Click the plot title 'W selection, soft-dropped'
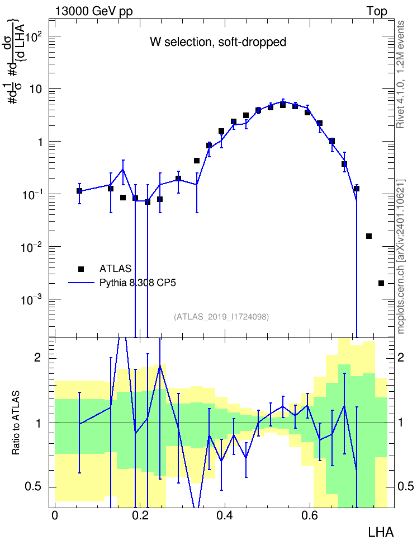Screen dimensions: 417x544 (217, 42)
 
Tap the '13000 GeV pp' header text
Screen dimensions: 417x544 (94, 11)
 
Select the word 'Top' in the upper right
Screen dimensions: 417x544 (377, 11)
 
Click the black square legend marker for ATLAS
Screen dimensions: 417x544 (81, 269)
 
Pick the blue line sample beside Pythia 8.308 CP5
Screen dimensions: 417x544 (81, 283)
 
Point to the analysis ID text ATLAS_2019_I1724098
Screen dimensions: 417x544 (221, 316)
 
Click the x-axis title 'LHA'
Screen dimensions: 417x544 (381, 532)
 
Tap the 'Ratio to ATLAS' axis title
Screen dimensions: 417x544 (16, 423)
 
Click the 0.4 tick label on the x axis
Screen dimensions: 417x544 (225, 515)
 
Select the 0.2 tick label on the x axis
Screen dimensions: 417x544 (140, 515)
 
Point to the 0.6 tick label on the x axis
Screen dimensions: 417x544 (310, 515)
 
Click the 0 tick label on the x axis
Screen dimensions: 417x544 (55, 515)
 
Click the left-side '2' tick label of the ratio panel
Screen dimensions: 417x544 (37, 357)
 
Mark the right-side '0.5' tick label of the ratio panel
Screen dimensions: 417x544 (406, 486)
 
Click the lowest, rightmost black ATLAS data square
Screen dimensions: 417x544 (381, 283)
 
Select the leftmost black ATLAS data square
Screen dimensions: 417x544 (79, 191)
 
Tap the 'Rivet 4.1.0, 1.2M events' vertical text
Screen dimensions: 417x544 (400, 74)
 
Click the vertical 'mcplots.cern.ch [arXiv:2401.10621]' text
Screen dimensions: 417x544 (400, 256)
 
